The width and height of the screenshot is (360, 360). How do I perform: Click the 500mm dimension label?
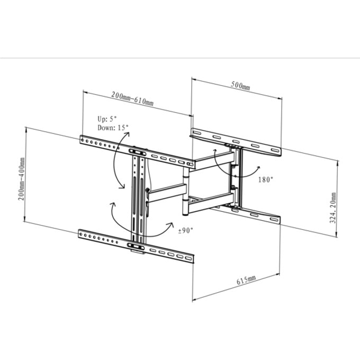240,85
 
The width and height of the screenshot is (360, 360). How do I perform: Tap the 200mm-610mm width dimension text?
132,98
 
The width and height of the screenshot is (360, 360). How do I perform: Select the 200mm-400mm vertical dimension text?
21,179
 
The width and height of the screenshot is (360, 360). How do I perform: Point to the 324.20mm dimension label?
332,208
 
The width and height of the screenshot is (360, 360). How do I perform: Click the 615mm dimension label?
246,280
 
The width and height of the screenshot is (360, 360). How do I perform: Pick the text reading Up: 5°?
107,119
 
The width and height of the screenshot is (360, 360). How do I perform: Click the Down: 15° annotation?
113,128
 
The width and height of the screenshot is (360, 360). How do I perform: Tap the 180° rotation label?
266,179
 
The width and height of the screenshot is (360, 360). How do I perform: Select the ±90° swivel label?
186,230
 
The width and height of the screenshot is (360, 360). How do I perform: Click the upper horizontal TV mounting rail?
137,152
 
